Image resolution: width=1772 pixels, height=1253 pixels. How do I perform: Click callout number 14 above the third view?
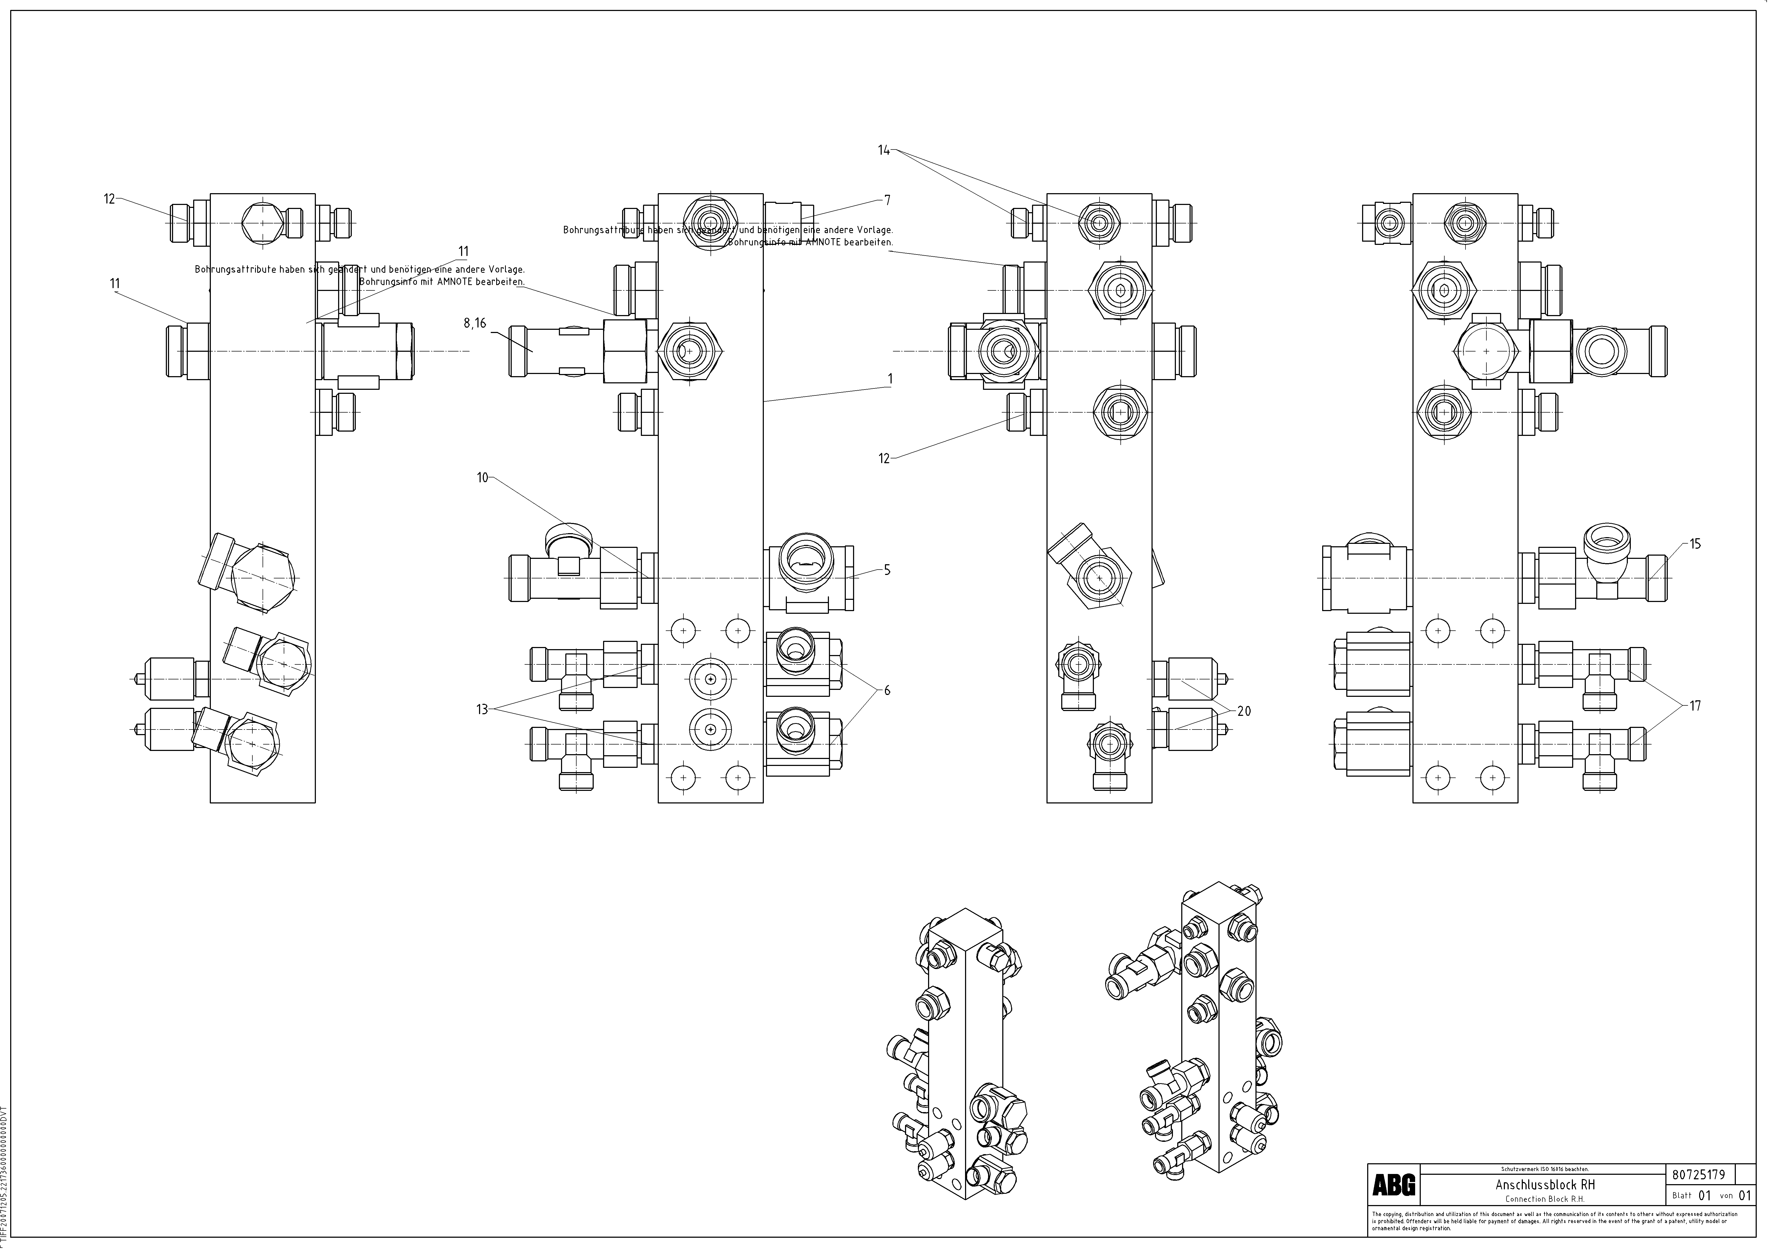884,151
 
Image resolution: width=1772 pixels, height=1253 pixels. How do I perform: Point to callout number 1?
891,379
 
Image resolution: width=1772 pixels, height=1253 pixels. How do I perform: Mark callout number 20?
1244,711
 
